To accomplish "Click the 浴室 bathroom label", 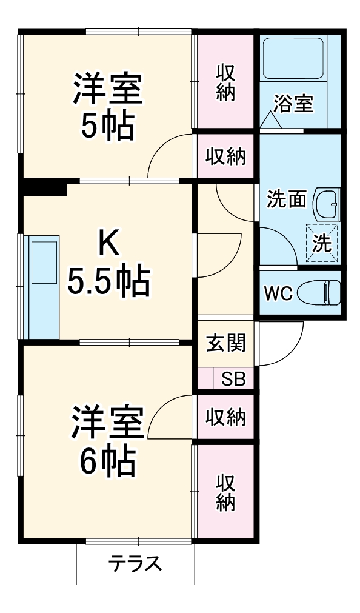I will coord(293,104).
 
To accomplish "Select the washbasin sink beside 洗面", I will coord(327,204).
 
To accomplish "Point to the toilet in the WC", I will coord(321,292).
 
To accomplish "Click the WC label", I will coord(278,293).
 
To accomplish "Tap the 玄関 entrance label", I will coord(225,343).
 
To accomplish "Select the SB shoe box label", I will coord(233,379).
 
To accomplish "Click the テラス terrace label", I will coord(136,563).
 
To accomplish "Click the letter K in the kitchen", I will coord(109,243).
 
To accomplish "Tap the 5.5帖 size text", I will coord(109,280).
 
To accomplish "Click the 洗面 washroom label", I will coord(287,199).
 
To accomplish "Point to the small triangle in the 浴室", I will coord(271,121).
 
